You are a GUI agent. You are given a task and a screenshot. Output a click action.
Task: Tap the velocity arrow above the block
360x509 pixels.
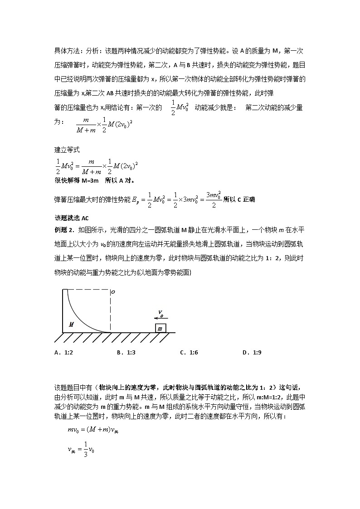160,318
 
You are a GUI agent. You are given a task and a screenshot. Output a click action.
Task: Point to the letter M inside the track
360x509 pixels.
71,325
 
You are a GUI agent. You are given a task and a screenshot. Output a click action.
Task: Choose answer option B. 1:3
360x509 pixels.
124,352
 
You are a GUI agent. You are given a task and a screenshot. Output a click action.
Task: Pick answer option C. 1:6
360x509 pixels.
187,352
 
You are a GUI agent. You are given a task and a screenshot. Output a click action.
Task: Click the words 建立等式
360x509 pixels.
67,150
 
